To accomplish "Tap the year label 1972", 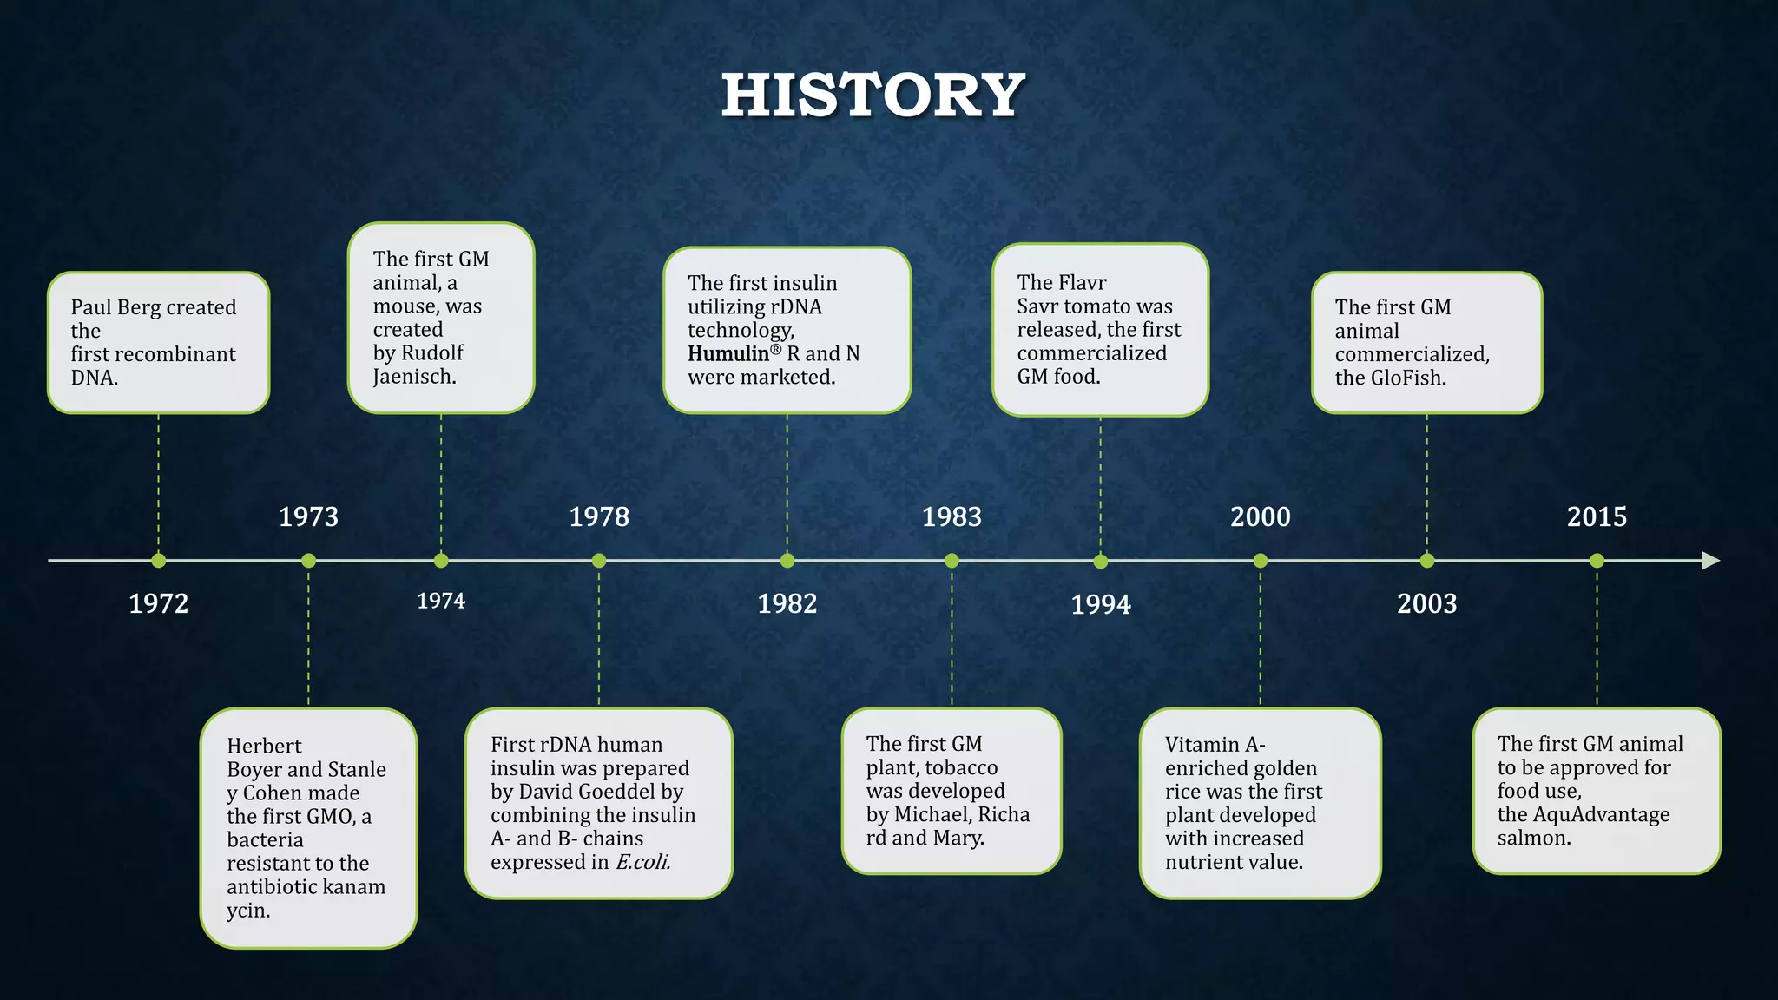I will [x=158, y=603].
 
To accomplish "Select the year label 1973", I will [x=308, y=516].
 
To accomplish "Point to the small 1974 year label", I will [x=441, y=601].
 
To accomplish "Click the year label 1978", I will [x=599, y=516].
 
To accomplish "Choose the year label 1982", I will [x=787, y=603].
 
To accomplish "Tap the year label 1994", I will [x=1101, y=604].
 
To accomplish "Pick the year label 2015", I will [x=1597, y=516].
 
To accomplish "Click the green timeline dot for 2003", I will [x=1427, y=561].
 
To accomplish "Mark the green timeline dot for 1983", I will [x=952, y=561].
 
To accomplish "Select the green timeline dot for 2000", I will [x=1261, y=561].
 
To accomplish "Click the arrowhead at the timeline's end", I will [x=1710, y=561].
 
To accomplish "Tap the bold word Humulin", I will [x=728, y=354].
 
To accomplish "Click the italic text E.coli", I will [x=642, y=862].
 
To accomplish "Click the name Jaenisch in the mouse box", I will [x=413, y=377].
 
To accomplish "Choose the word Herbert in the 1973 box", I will [x=264, y=746].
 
